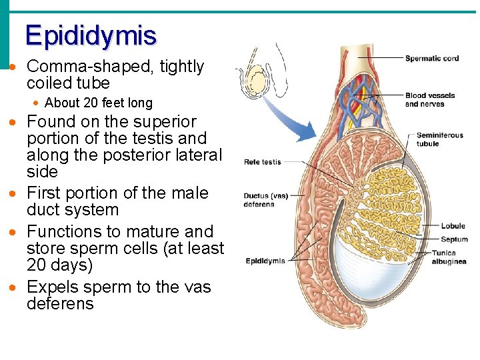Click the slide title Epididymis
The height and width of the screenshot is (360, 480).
pos(91,35)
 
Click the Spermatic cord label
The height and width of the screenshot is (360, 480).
pos(432,59)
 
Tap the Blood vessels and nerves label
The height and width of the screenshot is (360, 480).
pos(430,99)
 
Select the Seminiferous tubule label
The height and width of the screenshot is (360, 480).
pos(439,139)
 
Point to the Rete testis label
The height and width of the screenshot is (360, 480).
pos(263,162)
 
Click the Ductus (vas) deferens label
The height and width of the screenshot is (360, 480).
pos(266,200)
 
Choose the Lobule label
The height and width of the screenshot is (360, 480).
pos(453,227)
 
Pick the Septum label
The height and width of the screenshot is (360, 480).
pos(454,239)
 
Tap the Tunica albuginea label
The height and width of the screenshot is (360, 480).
pos(449,257)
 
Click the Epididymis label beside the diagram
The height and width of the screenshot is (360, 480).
pos(265,261)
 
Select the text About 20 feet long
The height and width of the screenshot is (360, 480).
pos(98,103)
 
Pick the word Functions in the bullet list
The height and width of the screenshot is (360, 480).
pos(64,232)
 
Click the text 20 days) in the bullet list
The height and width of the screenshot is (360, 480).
pos(59,265)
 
